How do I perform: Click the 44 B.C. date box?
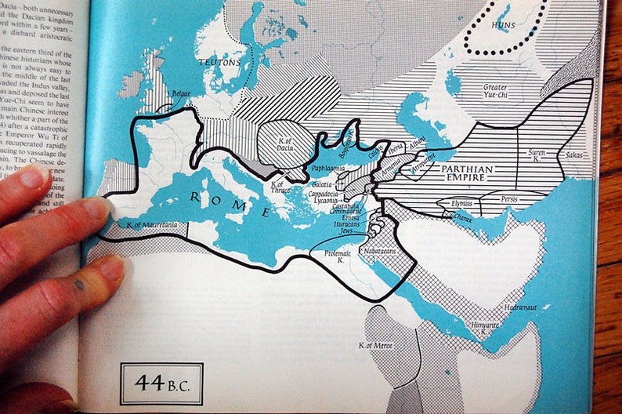[161, 383]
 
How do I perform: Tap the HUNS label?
[503, 25]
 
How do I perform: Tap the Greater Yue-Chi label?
[495, 92]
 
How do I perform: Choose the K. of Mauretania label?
[151, 226]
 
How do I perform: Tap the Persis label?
[511, 200]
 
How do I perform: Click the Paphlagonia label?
[328, 167]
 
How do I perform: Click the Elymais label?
[463, 203]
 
